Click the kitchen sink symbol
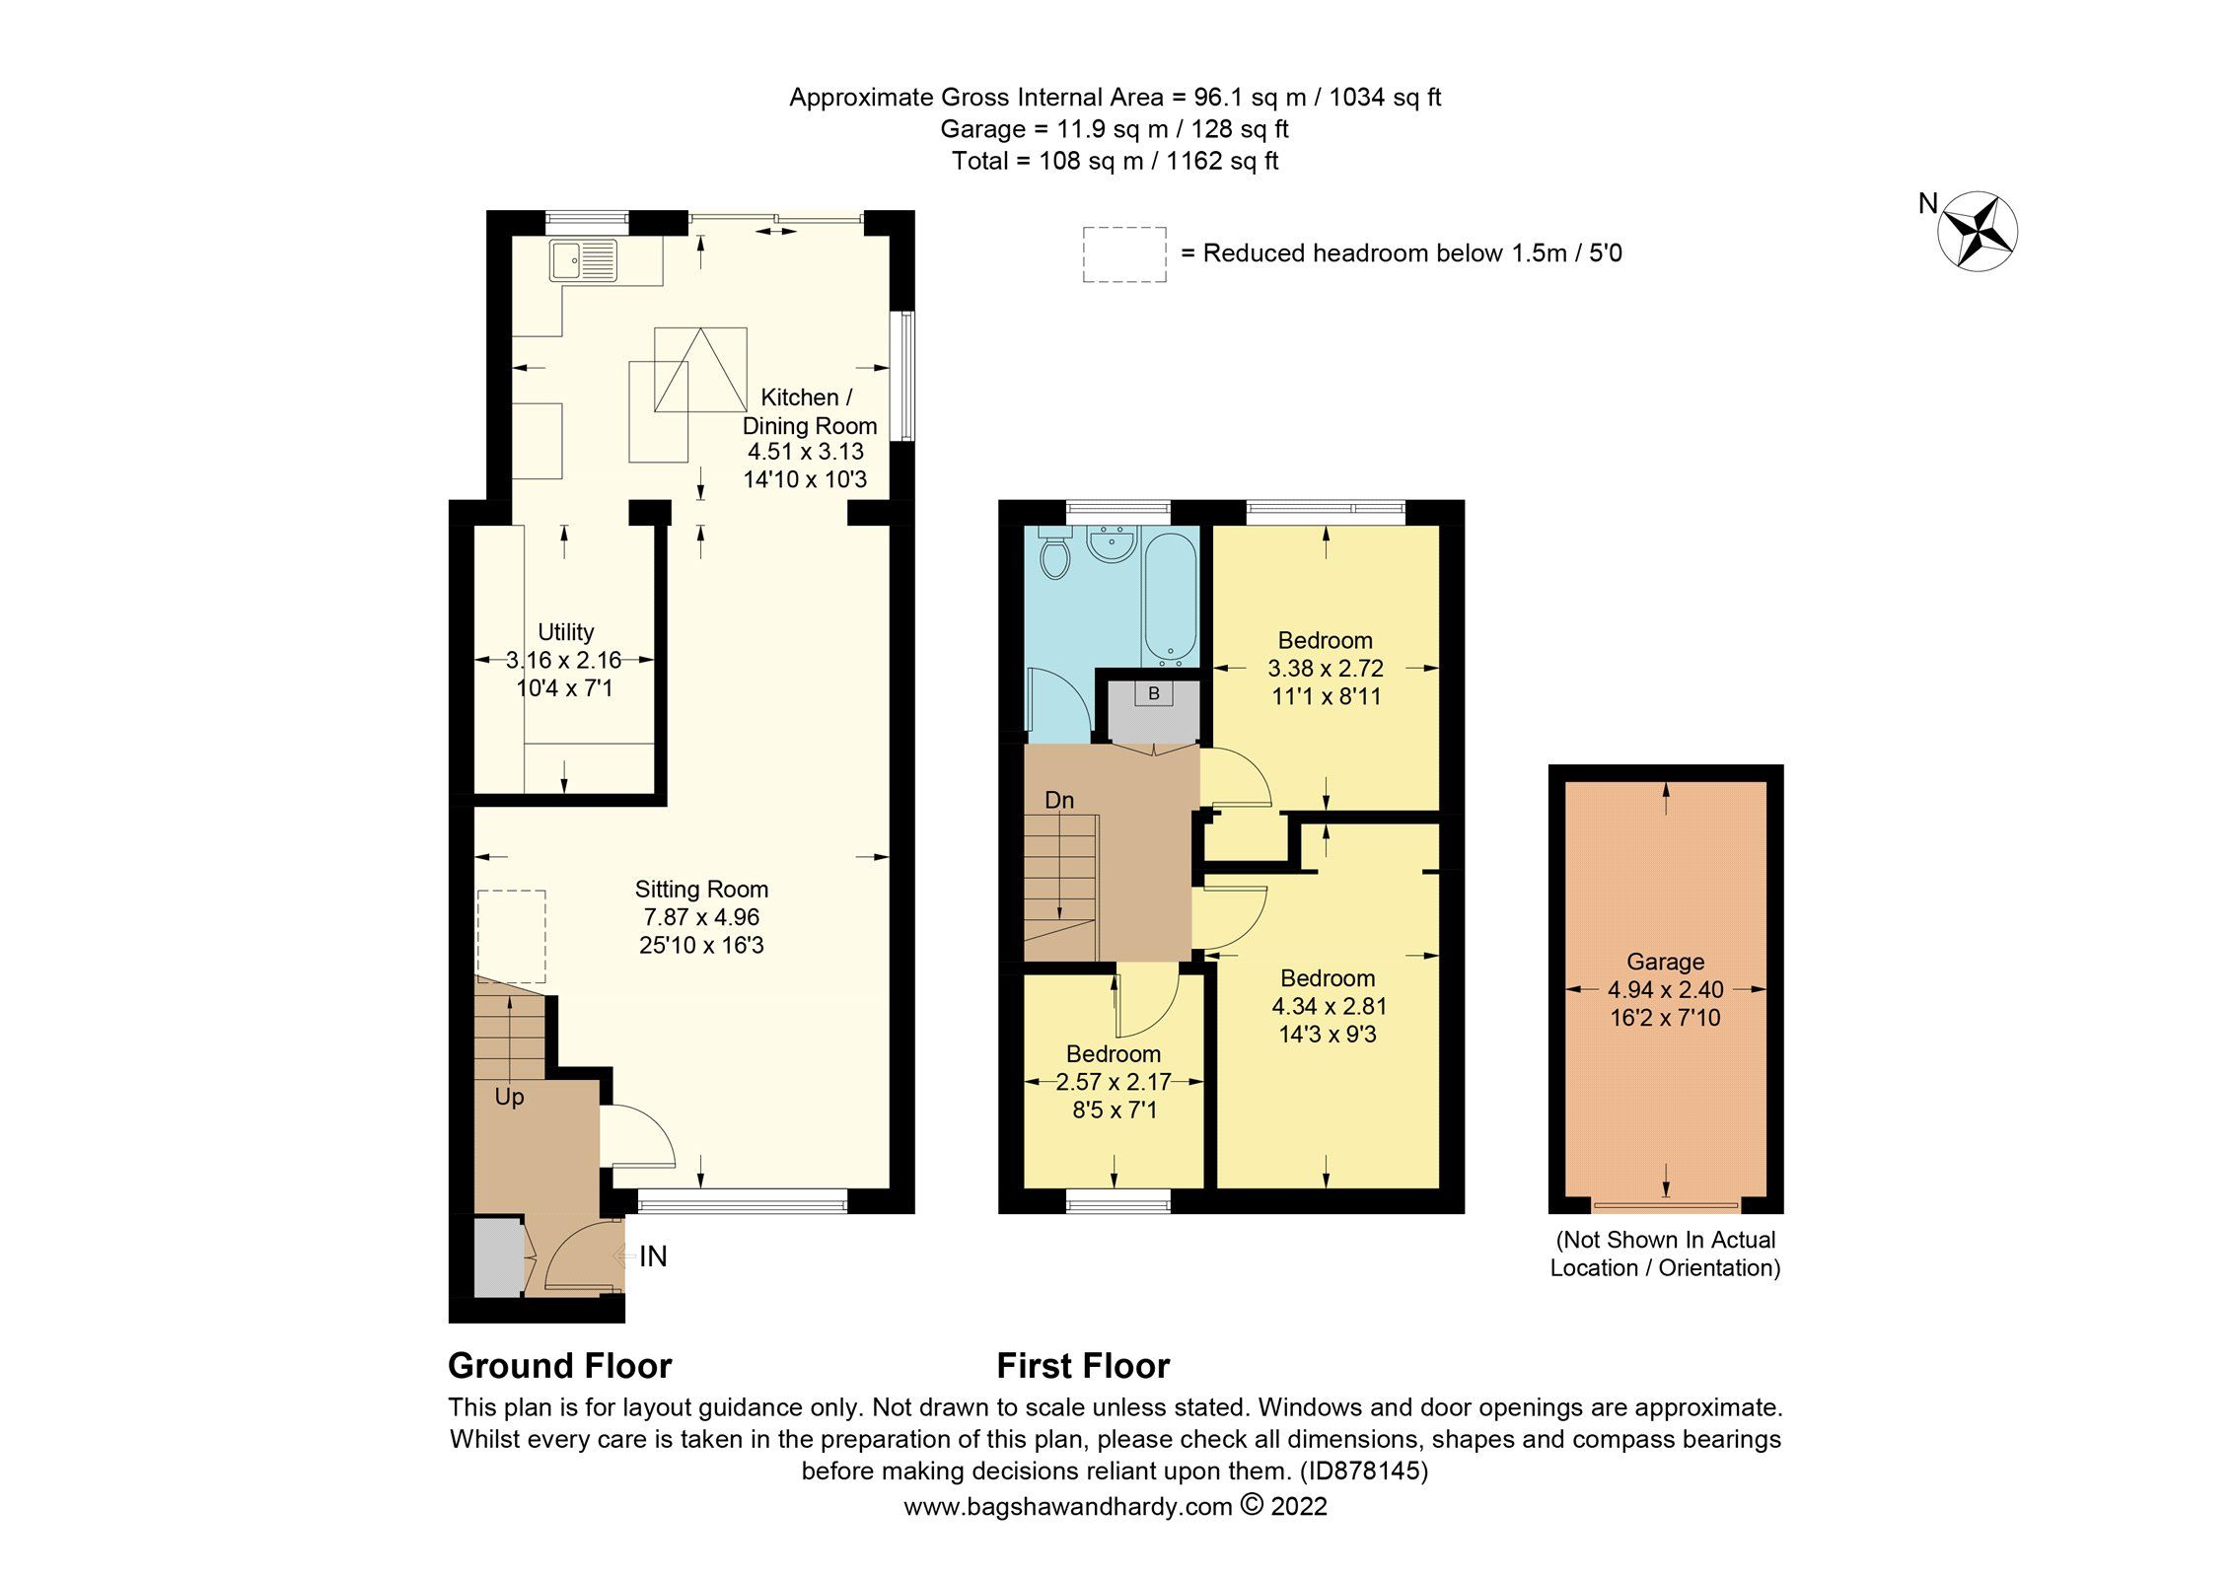[x=584, y=261]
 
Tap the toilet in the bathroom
[x=1054, y=555]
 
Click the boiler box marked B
[x=1153, y=694]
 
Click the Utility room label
[x=565, y=632]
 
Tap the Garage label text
[x=1665, y=962]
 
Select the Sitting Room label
[x=701, y=890]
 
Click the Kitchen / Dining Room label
[x=808, y=411]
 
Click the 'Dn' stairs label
[x=1058, y=800]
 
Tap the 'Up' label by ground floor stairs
[x=509, y=1098]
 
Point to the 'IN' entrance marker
[x=653, y=1256]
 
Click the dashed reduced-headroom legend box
[x=1123, y=254]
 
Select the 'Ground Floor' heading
[x=559, y=1366]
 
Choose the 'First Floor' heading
[x=1082, y=1366]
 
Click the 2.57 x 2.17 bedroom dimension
[x=1114, y=1082]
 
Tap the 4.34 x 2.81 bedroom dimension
[x=1329, y=1007]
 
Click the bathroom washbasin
[x=1113, y=542]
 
